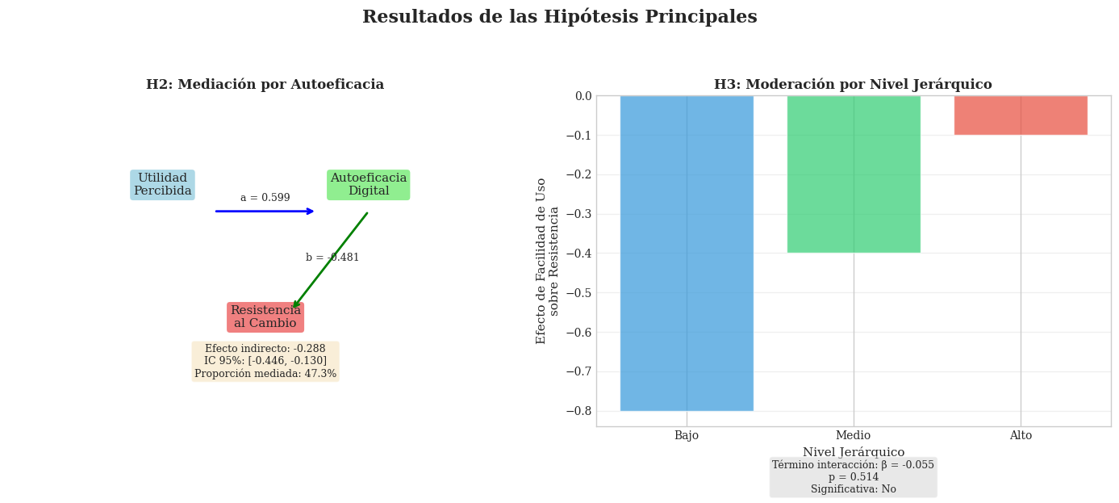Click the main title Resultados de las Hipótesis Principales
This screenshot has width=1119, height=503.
tap(559, 17)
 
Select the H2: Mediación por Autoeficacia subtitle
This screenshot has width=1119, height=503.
tap(265, 85)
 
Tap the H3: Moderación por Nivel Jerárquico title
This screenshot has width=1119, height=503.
tap(853, 85)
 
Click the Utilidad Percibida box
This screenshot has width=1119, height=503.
tap(162, 185)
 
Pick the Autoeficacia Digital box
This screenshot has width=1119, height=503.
tap(368, 185)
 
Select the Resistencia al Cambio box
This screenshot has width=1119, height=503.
tap(265, 317)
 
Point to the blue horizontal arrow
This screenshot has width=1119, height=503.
tap(264, 212)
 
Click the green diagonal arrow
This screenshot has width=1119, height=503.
tap(331, 260)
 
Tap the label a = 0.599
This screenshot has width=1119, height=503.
tap(265, 198)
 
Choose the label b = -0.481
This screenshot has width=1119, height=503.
tap(332, 258)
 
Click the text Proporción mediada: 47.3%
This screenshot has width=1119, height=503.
tap(265, 374)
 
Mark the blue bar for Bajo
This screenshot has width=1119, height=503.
tap(687, 253)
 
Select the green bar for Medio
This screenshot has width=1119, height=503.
tap(854, 174)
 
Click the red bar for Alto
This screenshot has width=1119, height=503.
tap(1021, 115)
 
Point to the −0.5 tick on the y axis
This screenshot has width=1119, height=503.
tap(578, 293)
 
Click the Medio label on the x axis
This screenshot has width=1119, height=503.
tap(854, 436)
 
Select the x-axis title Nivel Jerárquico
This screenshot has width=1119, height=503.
tap(854, 452)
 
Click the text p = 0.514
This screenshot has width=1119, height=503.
tap(854, 477)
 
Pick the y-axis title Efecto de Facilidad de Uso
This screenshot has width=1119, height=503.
tap(541, 261)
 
